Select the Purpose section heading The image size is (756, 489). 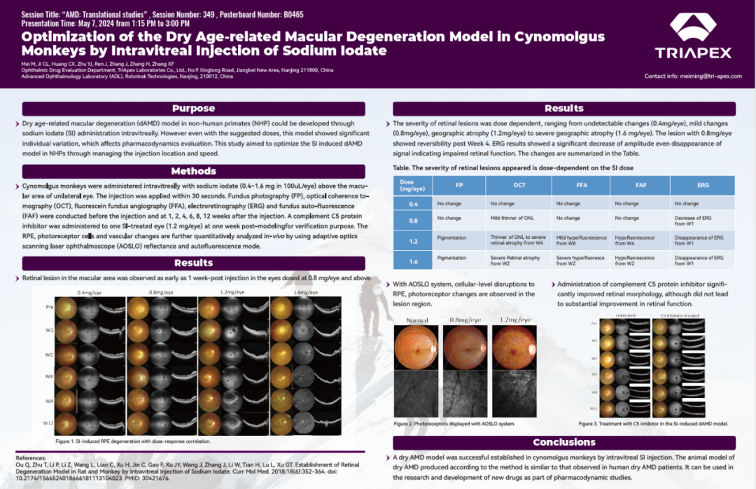pos(193,109)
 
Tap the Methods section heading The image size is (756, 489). pos(193,171)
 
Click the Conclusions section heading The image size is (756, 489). pos(563,442)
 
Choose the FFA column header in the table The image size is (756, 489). pos(581,185)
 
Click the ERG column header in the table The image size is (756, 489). pos(702,185)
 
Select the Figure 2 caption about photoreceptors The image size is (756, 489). pos(454,424)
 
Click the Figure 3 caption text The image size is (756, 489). pos(653,424)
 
